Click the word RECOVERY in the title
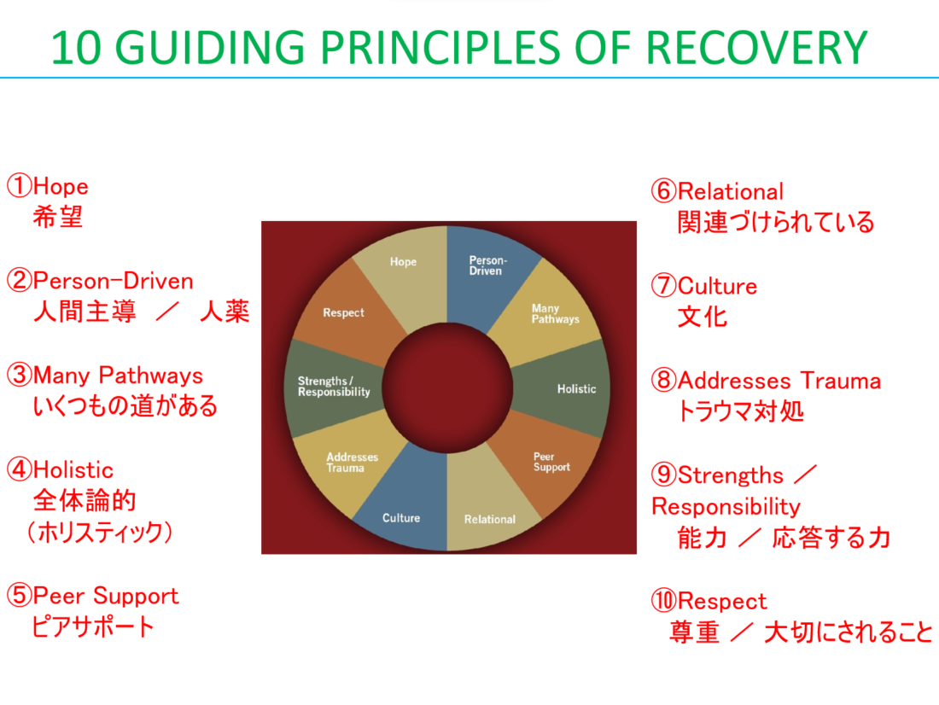point(756,48)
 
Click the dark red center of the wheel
point(447,388)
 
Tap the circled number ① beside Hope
point(19,186)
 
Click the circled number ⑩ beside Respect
point(663,600)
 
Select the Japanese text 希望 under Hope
point(57,217)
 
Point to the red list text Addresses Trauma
point(779,381)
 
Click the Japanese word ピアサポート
point(93,626)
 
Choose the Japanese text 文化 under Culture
point(703,317)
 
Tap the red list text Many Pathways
point(118,376)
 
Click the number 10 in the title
point(76,49)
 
